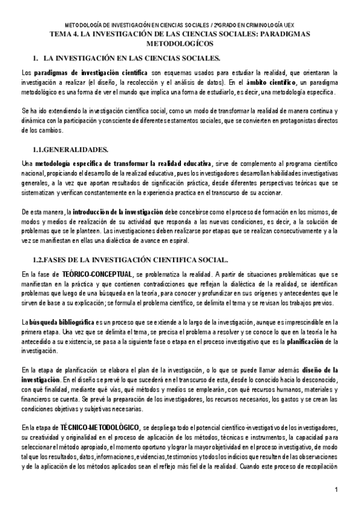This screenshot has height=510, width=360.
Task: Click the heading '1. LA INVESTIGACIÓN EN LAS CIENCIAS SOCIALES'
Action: click(x=128, y=58)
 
